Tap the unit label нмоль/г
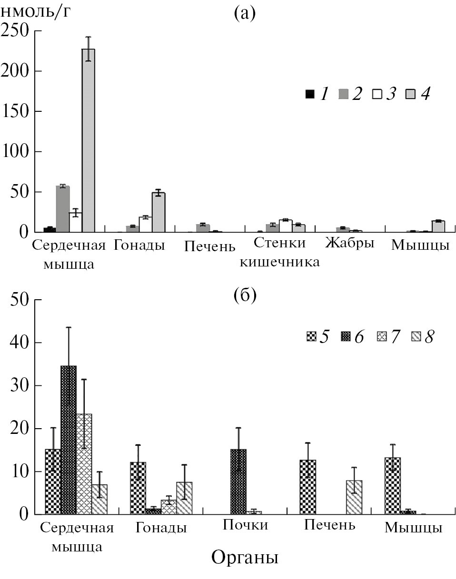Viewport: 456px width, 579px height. (36, 11)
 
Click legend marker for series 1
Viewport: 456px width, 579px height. (310, 94)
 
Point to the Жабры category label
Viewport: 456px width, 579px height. (350, 244)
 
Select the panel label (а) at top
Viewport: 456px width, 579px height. (245, 14)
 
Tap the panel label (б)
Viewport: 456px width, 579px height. (245, 295)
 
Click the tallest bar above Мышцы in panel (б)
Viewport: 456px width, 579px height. (393, 486)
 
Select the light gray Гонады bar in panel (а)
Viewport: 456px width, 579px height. (159, 212)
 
